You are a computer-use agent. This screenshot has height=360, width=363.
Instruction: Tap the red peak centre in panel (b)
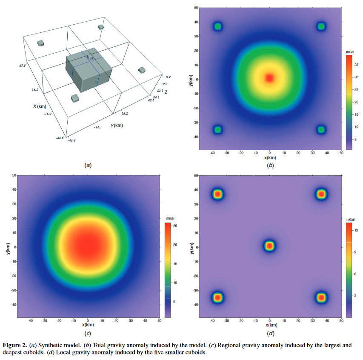tap(269, 78)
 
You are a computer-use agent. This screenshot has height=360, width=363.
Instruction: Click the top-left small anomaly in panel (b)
tap(218, 26)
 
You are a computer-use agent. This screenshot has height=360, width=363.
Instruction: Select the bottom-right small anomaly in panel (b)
tap(321, 129)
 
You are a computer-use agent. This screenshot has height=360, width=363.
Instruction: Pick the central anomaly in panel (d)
tap(269, 246)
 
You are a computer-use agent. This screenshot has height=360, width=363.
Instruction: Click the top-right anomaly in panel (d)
tap(321, 194)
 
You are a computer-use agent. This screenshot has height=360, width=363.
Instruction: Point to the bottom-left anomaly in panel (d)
tap(217, 297)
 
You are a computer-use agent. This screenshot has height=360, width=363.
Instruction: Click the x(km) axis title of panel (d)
tap(269, 325)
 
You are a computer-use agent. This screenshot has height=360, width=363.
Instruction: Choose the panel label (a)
tap(89, 165)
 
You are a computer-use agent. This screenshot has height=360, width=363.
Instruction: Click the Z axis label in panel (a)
tap(166, 92)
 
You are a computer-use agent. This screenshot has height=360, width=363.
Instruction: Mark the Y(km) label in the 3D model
tap(117, 126)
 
